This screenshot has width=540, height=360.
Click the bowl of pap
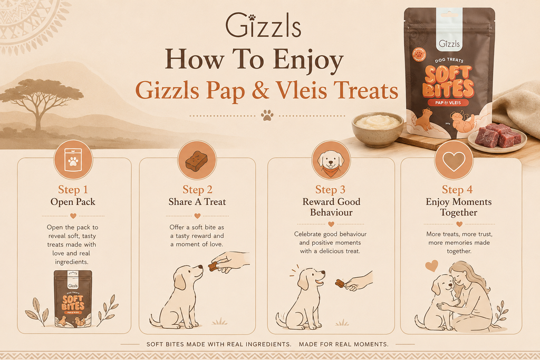[378, 129]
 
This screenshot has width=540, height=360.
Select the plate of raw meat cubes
[497, 138]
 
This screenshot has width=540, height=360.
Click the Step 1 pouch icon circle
[73, 160]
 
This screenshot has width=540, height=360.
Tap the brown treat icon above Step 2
[197, 160]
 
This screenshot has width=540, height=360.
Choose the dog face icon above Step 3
[331, 161]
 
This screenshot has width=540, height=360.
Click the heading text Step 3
[330, 190]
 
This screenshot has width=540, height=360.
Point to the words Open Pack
[73, 202]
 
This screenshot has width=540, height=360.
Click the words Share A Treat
[197, 202]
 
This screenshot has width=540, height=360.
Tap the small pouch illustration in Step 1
[73, 299]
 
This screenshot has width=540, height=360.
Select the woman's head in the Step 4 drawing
[463, 273]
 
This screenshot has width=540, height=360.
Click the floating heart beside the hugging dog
[431, 265]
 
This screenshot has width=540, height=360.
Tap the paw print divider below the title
[267, 115]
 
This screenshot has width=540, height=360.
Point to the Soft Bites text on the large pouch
[448, 82]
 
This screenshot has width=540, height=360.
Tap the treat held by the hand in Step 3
[340, 283]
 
